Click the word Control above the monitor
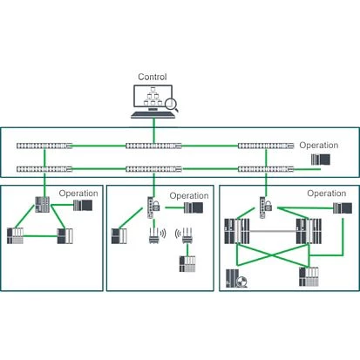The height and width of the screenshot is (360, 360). pyautogui.click(x=153, y=77)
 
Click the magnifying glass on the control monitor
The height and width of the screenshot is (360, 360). pyautogui.click(x=172, y=105)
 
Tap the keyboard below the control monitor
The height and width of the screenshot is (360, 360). pyautogui.click(x=153, y=115)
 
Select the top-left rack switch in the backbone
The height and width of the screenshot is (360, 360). pyautogui.click(x=44, y=146)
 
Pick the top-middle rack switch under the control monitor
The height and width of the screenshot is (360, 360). pyautogui.click(x=153, y=146)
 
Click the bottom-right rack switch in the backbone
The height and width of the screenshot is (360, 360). pyautogui.click(x=266, y=169)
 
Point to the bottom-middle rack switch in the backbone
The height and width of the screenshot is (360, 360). pyautogui.click(x=153, y=169)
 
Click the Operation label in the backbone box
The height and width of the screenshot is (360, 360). pyautogui.click(x=319, y=146)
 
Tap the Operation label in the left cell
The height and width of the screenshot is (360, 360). pyautogui.click(x=78, y=194)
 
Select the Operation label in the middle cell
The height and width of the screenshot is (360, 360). pyautogui.click(x=189, y=196)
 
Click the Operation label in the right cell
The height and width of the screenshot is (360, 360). pyautogui.click(x=327, y=194)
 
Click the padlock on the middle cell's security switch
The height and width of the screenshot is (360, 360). pyautogui.click(x=156, y=206)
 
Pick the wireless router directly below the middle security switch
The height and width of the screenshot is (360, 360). pyautogui.click(x=153, y=235)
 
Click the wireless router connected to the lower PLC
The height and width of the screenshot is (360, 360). pyautogui.click(x=187, y=235)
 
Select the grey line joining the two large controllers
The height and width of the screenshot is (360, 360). pyautogui.click(x=273, y=231)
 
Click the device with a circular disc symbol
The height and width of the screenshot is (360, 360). pyautogui.click(x=236, y=278)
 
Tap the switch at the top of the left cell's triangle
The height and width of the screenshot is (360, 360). pyautogui.click(x=43, y=205)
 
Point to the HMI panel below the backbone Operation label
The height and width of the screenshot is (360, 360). pyautogui.click(x=321, y=160)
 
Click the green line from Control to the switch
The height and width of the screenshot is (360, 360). pyautogui.click(x=153, y=131)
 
